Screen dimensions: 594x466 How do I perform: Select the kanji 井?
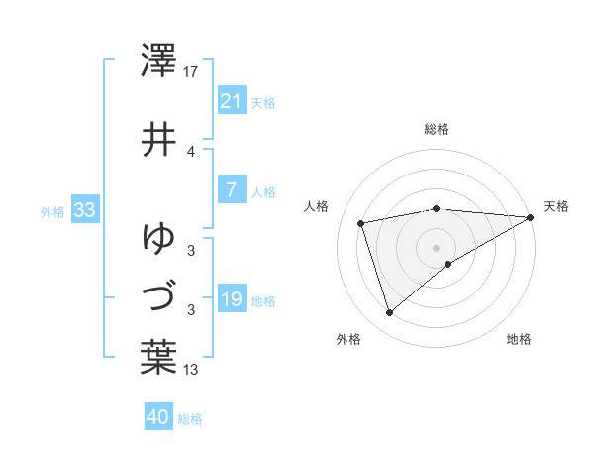(158, 139)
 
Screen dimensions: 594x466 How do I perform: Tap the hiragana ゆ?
(158, 238)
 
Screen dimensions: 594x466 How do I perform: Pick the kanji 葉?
(158, 357)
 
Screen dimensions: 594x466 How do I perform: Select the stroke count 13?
(192, 371)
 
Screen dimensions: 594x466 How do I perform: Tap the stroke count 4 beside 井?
(191, 151)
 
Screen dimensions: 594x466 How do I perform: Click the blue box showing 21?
(231, 101)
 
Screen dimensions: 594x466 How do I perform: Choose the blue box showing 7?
(231, 190)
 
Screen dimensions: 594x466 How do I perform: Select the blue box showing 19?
(231, 299)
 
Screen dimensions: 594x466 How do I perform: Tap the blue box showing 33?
(84, 210)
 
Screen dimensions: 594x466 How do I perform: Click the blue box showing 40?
(158, 417)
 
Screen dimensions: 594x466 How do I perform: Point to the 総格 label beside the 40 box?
(190, 419)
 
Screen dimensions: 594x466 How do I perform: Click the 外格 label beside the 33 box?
(52, 212)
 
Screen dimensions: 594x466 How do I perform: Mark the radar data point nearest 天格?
(531, 217)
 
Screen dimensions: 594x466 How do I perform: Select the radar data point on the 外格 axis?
(389, 313)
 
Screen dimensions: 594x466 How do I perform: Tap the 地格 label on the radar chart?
(519, 340)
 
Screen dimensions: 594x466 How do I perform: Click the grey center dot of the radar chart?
(436, 247)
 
